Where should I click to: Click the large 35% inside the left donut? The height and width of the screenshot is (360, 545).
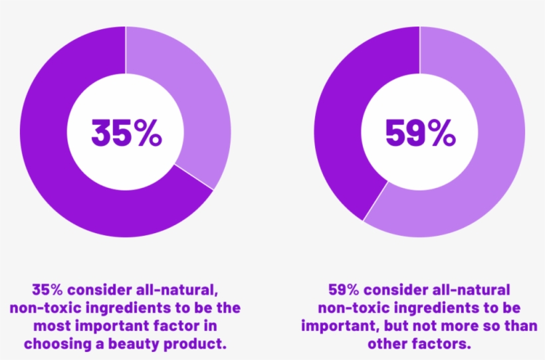[x=126, y=133]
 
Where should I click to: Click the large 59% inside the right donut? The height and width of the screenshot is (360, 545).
[x=420, y=133]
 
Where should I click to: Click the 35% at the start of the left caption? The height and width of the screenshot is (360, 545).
[x=47, y=290]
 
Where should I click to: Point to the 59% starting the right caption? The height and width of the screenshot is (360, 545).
[x=343, y=290]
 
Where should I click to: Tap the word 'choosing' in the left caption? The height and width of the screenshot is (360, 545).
[x=57, y=344]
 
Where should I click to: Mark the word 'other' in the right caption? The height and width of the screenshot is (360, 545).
[x=389, y=344]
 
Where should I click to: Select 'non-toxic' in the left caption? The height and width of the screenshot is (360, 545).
[x=43, y=308]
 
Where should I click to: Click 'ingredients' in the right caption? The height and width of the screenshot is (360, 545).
[x=444, y=308]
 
